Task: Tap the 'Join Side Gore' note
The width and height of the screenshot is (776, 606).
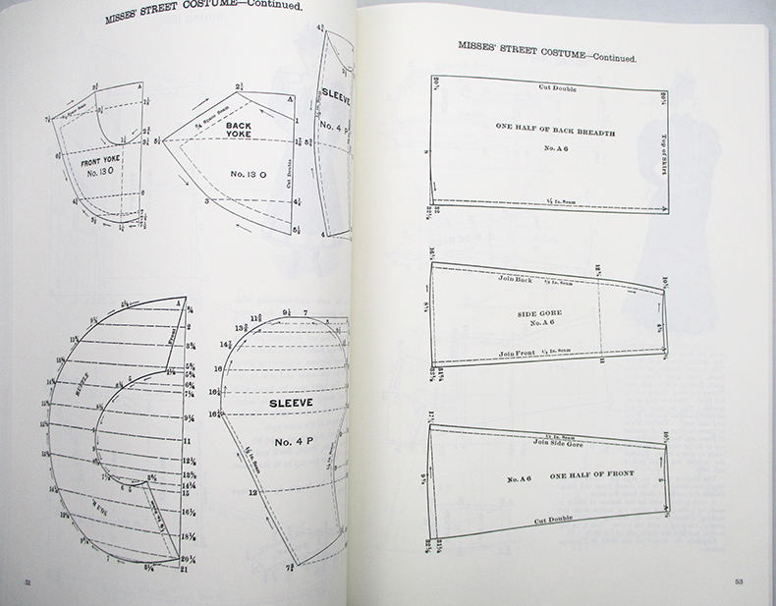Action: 550,442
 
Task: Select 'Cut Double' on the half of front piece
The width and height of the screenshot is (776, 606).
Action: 555,521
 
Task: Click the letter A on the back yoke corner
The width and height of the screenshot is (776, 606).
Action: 291,98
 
